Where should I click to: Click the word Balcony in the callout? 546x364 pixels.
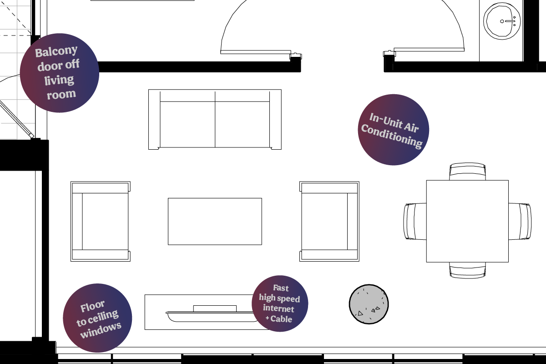tap(56, 51)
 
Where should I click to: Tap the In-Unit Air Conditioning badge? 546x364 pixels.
tap(394, 130)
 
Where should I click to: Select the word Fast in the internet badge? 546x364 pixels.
tap(281, 288)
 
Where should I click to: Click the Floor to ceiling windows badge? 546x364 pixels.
tap(97, 318)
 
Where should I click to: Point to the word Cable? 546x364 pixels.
tap(281, 319)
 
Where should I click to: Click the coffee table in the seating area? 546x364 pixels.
tap(215, 222)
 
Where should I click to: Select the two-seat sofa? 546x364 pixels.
tap(215, 120)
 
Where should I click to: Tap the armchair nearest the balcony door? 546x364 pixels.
tap(101, 222)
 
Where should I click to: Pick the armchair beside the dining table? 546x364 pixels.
tap(329, 222)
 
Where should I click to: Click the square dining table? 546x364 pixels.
tap(467, 222)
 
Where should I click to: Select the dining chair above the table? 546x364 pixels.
tap(468, 172)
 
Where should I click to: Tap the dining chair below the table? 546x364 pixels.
tap(468, 270)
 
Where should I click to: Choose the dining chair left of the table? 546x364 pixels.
tap(415, 222)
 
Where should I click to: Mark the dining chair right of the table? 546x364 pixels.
tap(520, 222)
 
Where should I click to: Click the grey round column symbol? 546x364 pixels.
tap(369, 304)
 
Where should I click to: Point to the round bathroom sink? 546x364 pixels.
tap(501, 21)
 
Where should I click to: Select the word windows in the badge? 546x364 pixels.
tap(101, 330)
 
